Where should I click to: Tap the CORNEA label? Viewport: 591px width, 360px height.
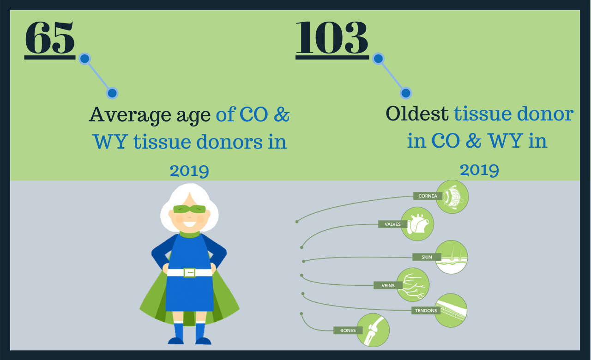[x=428, y=196]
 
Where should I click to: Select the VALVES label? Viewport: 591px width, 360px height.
[x=392, y=224]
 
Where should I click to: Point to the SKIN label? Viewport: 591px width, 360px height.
[x=427, y=257]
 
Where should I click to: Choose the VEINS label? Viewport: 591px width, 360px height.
[x=388, y=285]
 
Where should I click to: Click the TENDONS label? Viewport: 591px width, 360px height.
[x=426, y=311]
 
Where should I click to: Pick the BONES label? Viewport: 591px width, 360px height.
[x=348, y=330]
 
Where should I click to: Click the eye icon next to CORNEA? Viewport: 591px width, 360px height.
[x=452, y=197]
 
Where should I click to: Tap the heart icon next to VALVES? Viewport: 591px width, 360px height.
[x=417, y=224]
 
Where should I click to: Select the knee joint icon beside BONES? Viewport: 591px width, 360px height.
[x=373, y=330]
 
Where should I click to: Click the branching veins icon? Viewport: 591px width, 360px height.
[x=413, y=285]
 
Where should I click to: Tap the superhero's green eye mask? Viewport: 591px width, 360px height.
[x=189, y=210]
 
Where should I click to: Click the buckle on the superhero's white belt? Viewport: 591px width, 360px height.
[x=189, y=273]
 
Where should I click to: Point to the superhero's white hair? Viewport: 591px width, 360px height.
[x=189, y=200]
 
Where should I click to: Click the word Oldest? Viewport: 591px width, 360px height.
[x=417, y=114]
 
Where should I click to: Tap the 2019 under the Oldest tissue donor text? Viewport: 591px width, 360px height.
[x=479, y=170]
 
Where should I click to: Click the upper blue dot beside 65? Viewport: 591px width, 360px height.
[x=84, y=59]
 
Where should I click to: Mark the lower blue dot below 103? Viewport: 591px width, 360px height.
[x=406, y=93]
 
